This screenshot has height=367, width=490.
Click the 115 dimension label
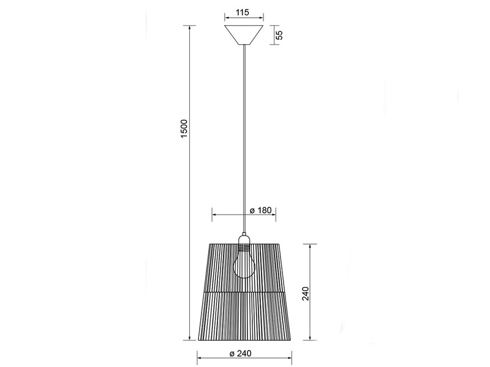pyautogui.click(x=242, y=12)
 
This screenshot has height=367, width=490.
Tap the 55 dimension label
pyautogui.click(x=280, y=35)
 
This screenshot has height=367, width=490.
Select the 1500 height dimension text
pyautogui.click(x=184, y=128)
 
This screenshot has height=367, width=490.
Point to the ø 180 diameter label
pyautogui.click(x=261, y=210)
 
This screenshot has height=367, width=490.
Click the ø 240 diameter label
pyautogui.click(x=240, y=354)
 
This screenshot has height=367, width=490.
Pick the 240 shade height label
pyautogui.click(x=305, y=294)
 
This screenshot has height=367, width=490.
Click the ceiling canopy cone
pyautogui.click(x=244, y=35)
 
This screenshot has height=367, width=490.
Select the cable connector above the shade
pyautogui.click(x=244, y=234)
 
